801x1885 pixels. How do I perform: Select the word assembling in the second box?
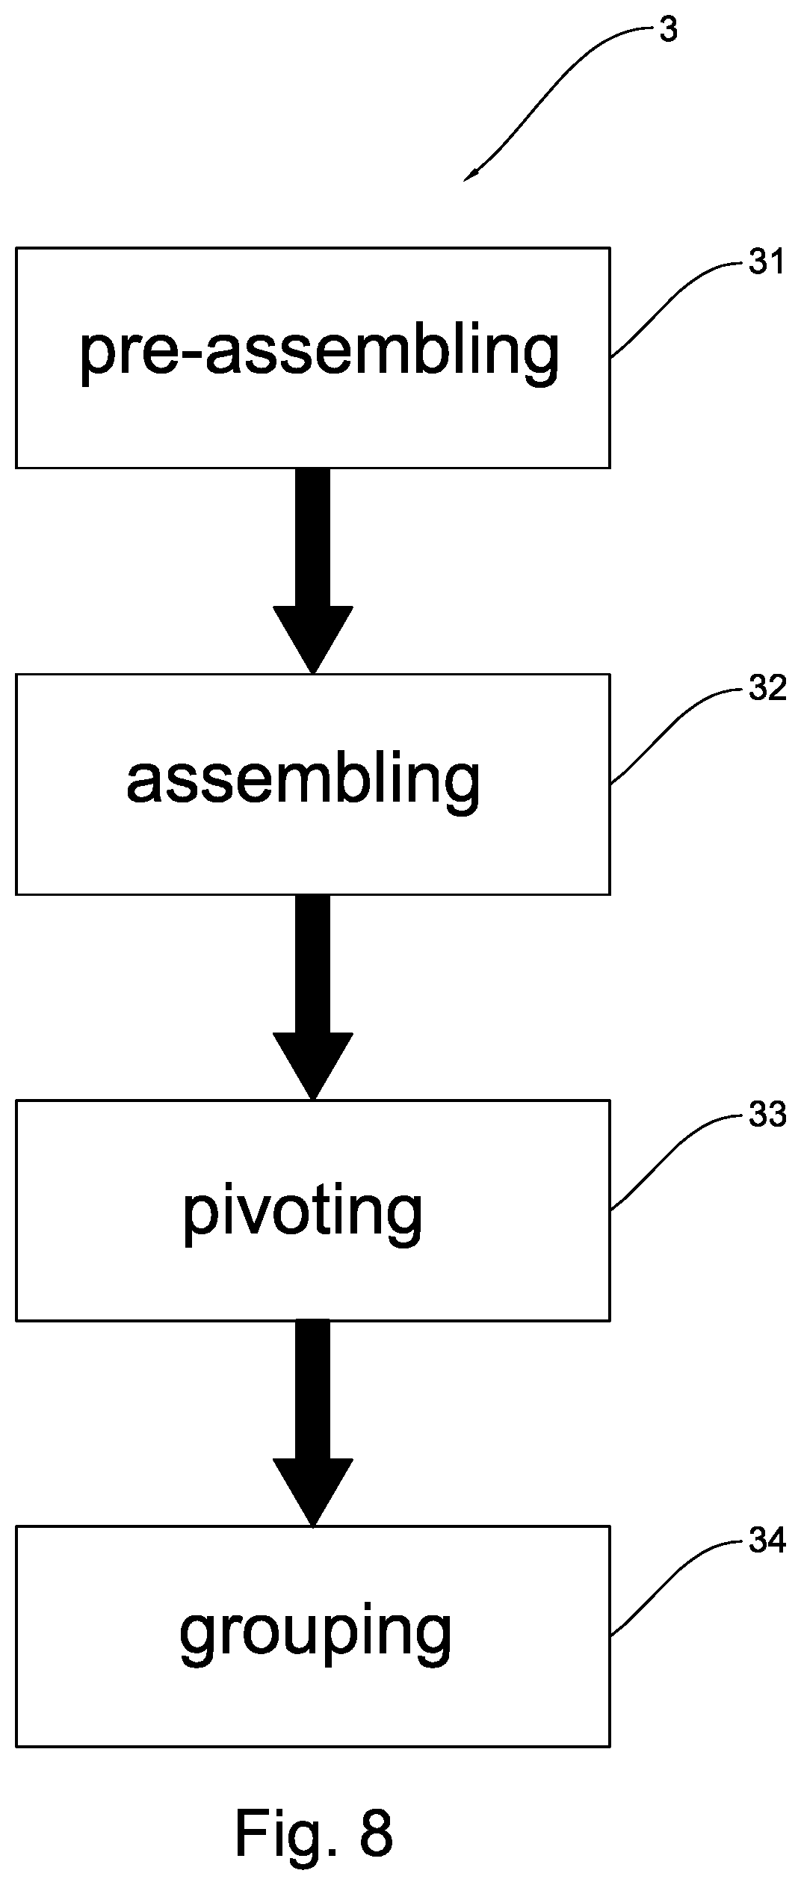[303, 779]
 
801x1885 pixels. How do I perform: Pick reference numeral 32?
[767, 689]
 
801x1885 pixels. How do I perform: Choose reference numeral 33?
[767, 1115]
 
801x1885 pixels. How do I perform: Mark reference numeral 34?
[767, 1541]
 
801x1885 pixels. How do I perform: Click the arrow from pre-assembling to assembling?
[312, 572]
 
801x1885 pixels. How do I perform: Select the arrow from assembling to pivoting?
[312, 997]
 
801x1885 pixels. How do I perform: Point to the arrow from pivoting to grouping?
[312, 1423]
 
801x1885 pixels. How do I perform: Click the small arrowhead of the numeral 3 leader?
[471, 175]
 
